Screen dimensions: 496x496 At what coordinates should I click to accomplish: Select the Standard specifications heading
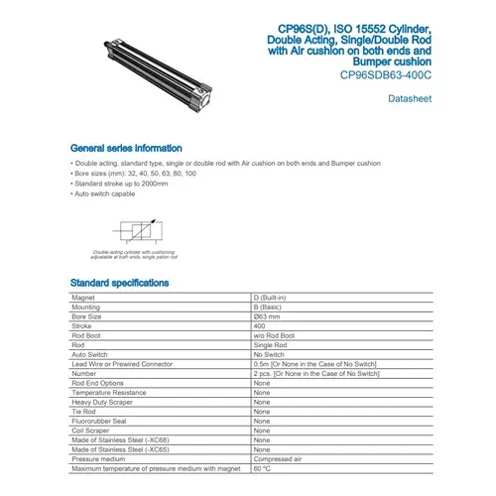point(119,283)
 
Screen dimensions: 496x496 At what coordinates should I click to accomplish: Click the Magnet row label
point(83,298)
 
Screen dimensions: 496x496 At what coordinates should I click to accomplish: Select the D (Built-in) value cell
point(274,298)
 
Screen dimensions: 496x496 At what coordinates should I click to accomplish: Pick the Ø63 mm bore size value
point(269,315)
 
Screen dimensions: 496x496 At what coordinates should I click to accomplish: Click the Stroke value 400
point(260,325)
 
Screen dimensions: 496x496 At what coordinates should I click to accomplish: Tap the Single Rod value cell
point(270,344)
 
